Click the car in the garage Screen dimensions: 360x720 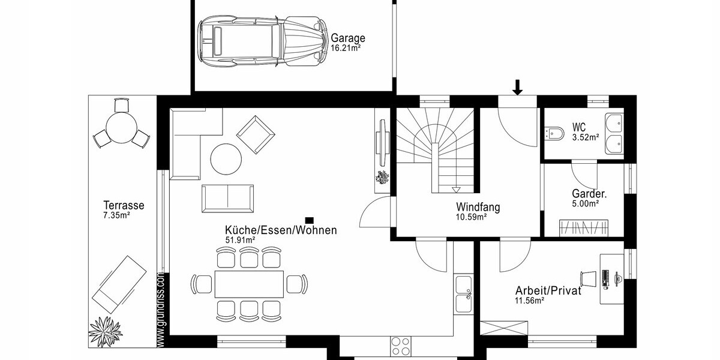(x=262, y=41)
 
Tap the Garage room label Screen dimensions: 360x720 (x=348, y=38)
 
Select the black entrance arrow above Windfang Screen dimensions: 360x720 (x=517, y=88)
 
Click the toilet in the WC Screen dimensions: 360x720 (x=554, y=133)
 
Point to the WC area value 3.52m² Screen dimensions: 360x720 (x=586, y=137)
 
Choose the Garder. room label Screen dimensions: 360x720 (x=589, y=194)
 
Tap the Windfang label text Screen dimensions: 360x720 (x=478, y=208)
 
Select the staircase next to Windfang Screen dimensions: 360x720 (x=436, y=150)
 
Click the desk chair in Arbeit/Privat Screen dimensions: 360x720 (x=588, y=278)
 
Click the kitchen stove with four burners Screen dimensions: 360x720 (x=400, y=346)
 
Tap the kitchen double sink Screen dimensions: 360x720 (x=464, y=294)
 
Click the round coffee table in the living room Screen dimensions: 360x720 (x=226, y=158)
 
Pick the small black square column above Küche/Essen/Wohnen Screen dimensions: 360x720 (x=310, y=220)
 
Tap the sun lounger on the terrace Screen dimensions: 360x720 (x=119, y=280)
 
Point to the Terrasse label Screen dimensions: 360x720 (x=124, y=205)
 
